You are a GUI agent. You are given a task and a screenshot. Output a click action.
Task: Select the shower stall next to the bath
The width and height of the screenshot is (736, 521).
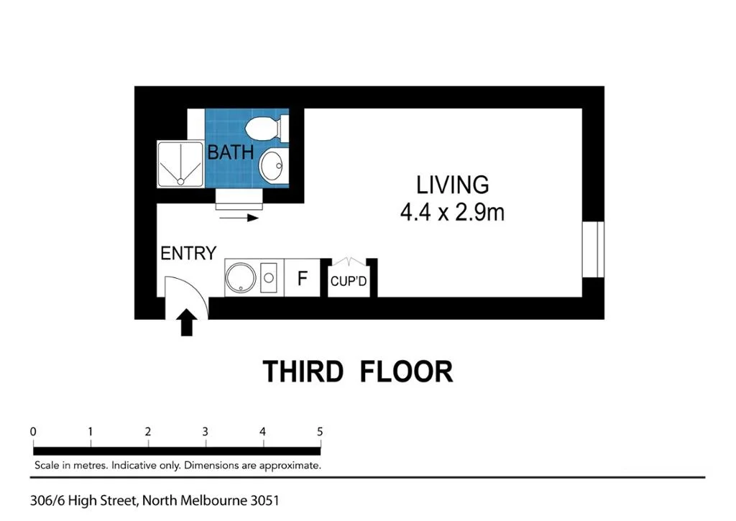point(180,164)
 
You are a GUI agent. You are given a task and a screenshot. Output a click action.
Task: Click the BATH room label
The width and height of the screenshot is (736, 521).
point(230,152)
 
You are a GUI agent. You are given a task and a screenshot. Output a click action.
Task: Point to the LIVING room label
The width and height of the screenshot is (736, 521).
point(452,185)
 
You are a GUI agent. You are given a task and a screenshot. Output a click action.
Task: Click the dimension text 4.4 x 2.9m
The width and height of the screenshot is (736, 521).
point(452,212)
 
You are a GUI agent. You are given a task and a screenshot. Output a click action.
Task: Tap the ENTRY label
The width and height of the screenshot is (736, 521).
point(188,254)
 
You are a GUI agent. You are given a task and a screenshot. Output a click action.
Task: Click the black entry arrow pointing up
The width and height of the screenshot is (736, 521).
point(187,323)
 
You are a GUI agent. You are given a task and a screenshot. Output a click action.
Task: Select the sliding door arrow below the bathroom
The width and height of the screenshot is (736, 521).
point(237,218)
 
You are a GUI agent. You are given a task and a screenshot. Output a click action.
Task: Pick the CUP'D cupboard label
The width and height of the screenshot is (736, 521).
point(349,282)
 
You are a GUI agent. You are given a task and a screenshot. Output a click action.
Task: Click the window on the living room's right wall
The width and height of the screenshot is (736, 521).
point(594,249)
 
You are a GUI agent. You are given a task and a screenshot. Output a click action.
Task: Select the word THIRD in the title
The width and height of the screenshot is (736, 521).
point(303,372)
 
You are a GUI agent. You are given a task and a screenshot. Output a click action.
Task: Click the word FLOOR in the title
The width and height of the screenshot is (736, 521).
point(406,372)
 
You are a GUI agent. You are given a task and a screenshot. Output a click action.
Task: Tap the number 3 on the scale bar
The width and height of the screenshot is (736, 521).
point(205,432)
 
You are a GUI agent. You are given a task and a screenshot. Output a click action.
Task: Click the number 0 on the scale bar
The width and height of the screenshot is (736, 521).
point(34,432)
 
